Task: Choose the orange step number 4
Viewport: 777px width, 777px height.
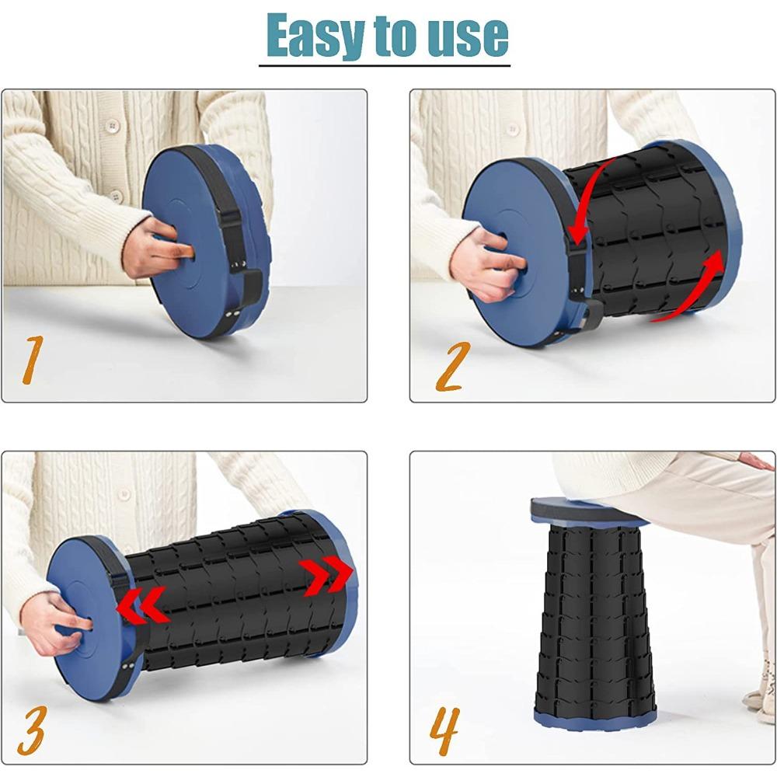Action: click(x=444, y=730)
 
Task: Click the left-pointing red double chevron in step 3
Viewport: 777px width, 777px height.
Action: click(x=143, y=605)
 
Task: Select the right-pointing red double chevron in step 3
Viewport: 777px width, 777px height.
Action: click(x=328, y=575)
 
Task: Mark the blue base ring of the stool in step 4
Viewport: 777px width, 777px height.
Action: click(x=595, y=717)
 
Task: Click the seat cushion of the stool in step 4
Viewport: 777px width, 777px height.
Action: click(x=585, y=510)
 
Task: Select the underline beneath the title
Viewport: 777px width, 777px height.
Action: click(x=385, y=65)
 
